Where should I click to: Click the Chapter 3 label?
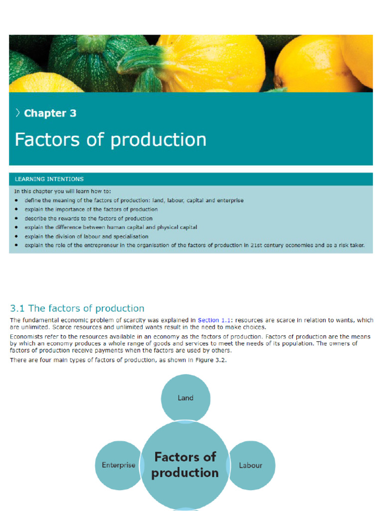[x=50, y=113]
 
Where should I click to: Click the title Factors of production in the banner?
[x=110, y=140]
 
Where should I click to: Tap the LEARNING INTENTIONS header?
[x=49, y=179]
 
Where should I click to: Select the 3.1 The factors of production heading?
[x=77, y=308]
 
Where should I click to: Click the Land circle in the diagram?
[x=186, y=398]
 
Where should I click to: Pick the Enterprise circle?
[x=119, y=465]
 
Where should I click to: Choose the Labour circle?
[x=250, y=465]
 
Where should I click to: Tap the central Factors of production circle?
[x=185, y=465]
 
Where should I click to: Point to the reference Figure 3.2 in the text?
[x=211, y=360]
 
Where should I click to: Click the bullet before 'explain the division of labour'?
[x=16, y=237]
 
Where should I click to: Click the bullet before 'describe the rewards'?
[x=16, y=219]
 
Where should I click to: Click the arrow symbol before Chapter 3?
[x=18, y=113]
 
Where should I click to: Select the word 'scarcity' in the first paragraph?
[x=133, y=320]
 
